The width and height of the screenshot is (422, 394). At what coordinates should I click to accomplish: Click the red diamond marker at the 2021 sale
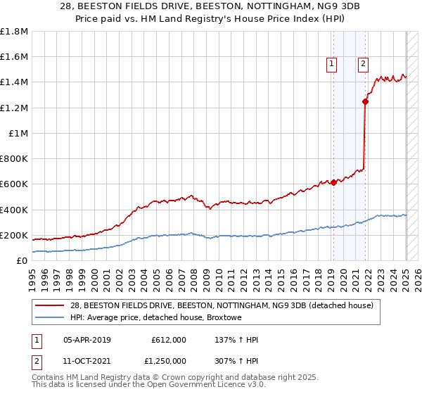pos(365,101)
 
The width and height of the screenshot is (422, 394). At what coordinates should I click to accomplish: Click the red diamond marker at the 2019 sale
pos(333,182)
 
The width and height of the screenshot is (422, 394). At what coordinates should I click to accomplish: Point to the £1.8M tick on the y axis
pos(14,32)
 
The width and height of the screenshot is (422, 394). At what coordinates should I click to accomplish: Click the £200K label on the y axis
pos(14,235)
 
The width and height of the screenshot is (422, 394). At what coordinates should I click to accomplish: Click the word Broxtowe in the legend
pos(224,317)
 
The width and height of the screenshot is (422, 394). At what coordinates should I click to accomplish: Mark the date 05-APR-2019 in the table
pos(87,340)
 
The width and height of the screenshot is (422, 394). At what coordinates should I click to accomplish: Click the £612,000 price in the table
pos(169,340)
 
